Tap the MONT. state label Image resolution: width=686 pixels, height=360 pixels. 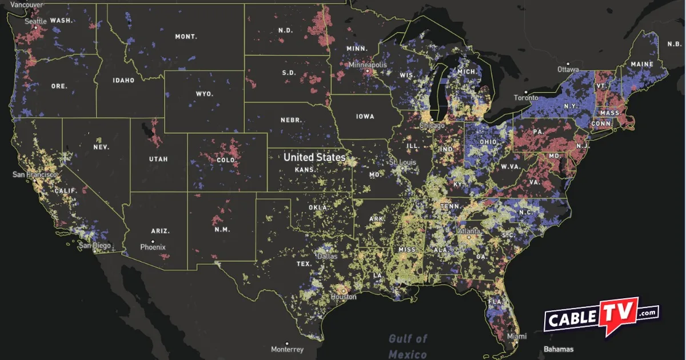186,37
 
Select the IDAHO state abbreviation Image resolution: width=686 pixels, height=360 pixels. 123,81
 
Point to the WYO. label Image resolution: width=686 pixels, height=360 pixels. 204,94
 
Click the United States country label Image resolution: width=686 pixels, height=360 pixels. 314,157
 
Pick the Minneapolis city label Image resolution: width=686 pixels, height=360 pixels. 368,65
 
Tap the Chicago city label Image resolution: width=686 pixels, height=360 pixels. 432,125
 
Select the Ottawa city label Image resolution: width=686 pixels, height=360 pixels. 567,69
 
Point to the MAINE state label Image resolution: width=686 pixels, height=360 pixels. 642,64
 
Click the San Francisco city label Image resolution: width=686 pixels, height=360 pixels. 35,174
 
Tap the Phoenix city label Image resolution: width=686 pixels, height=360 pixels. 153,247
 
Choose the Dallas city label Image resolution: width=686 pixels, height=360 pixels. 328,257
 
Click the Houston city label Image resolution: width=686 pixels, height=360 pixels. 344,297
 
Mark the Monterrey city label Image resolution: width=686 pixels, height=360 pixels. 287,349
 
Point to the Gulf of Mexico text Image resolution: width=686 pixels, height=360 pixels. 408,346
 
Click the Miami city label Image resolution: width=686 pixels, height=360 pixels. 516,337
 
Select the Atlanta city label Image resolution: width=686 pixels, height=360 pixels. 469,231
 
